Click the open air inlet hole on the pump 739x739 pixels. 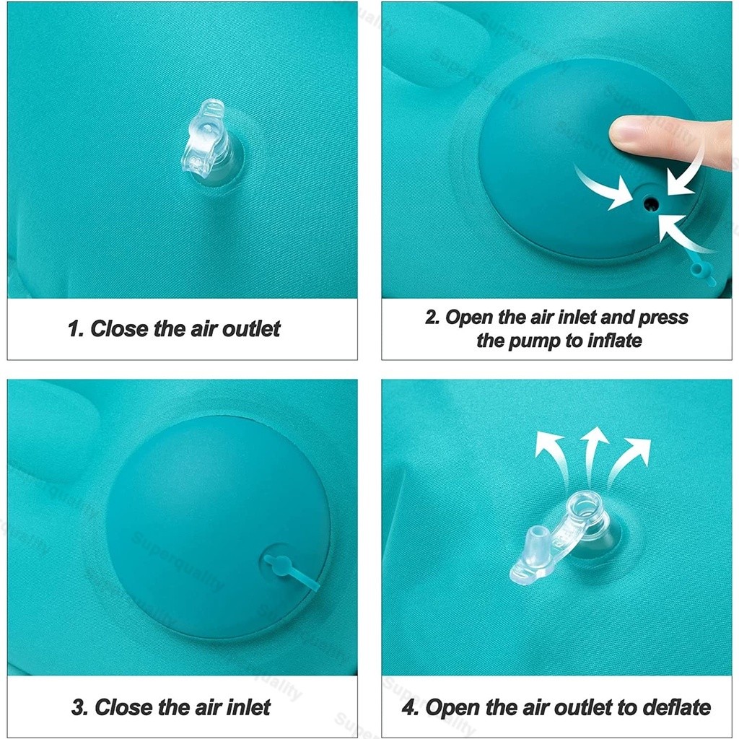(x=651, y=204)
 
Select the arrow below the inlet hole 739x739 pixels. (x=683, y=233)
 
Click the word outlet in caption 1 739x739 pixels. (x=251, y=328)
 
